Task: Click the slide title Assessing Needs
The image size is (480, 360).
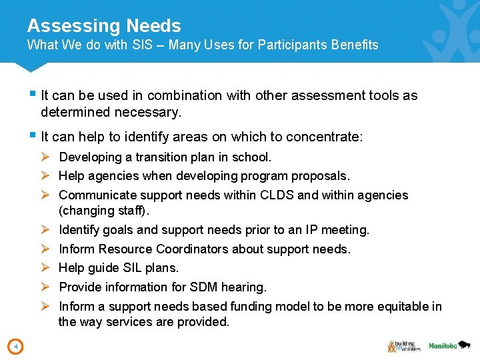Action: (104, 26)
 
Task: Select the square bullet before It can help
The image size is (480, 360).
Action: (33, 136)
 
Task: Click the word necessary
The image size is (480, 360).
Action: (148, 113)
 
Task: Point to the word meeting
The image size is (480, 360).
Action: (345, 230)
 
